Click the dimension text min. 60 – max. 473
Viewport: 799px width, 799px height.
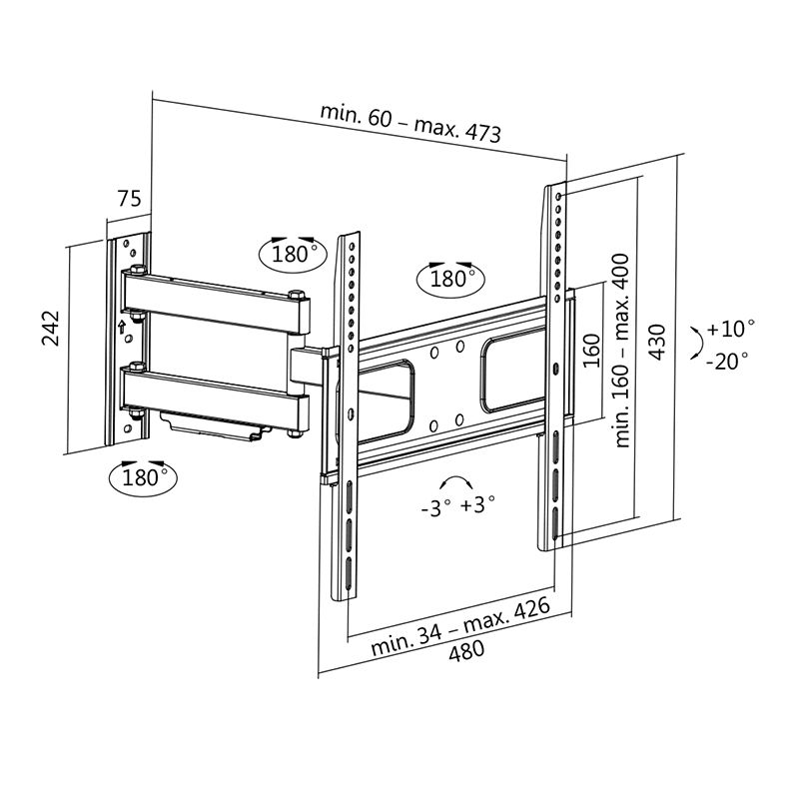coord(410,123)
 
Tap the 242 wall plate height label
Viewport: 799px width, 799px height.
coord(53,329)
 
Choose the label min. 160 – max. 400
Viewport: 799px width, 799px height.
coord(623,349)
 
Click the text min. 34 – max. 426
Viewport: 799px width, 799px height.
coord(460,625)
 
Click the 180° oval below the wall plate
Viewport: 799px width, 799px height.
coord(141,476)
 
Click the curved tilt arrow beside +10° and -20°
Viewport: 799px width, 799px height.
coord(693,345)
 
